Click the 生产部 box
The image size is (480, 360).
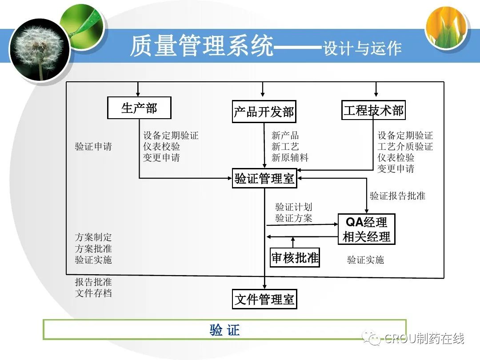click(x=139, y=108)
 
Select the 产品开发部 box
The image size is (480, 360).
click(x=264, y=112)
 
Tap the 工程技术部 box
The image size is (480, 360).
click(x=373, y=110)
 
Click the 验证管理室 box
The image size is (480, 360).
click(x=264, y=178)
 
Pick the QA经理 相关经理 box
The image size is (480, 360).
click(x=366, y=229)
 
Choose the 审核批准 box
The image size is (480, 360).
click(x=295, y=257)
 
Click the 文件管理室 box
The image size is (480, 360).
click(x=264, y=299)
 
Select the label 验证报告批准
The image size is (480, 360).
click(x=397, y=196)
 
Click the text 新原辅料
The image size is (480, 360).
click(x=290, y=158)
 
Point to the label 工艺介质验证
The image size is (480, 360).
click(x=405, y=146)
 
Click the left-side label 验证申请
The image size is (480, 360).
click(x=93, y=146)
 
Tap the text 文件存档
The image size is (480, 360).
click(x=93, y=293)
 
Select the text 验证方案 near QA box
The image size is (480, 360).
click(x=294, y=218)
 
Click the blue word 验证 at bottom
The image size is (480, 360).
click(x=225, y=330)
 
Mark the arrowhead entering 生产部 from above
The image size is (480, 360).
click(x=138, y=94)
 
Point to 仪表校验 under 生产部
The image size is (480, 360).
click(x=161, y=146)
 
